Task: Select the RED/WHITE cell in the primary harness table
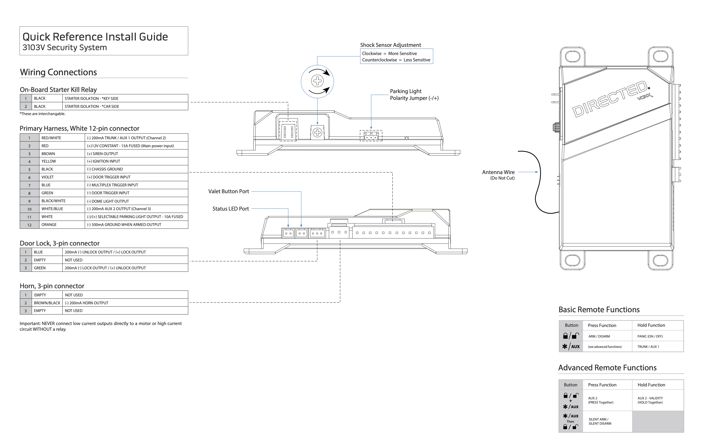(x=51, y=138)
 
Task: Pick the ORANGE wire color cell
(x=49, y=225)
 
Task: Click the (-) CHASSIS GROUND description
(x=105, y=169)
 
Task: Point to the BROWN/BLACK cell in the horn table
(x=47, y=303)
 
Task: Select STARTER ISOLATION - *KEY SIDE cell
(x=92, y=99)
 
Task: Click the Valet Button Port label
(x=229, y=191)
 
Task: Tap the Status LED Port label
(x=231, y=209)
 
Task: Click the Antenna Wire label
(x=498, y=172)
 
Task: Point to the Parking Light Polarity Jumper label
(x=414, y=95)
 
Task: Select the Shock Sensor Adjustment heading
(x=390, y=45)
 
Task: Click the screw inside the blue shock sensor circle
(x=317, y=81)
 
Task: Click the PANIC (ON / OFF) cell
(x=650, y=336)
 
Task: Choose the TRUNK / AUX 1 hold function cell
(x=648, y=347)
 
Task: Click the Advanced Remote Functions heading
(x=607, y=367)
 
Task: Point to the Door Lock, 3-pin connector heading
(x=59, y=243)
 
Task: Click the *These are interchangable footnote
(x=43, y=114)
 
